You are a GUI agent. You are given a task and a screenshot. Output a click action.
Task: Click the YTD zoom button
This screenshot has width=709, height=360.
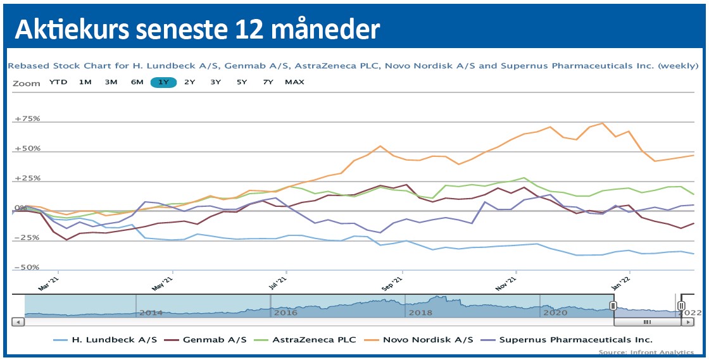[x=58, y=82]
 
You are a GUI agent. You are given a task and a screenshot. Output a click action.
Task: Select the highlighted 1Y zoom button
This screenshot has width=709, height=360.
[x=163, y=82]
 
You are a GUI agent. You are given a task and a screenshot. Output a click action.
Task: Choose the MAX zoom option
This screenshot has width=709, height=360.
[x=294, y=82]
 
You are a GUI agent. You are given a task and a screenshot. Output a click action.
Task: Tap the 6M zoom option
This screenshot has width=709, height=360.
[x=137, y=82]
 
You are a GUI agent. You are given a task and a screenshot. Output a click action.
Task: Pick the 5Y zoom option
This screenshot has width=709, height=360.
[x=242, y=82]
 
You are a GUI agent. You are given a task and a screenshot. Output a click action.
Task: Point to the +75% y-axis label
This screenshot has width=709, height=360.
[x=28, y=119]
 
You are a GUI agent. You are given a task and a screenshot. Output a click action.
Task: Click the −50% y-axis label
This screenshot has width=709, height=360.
[x=28, y=268]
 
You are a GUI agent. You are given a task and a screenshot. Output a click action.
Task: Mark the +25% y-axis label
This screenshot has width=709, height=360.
[x=28, y=178]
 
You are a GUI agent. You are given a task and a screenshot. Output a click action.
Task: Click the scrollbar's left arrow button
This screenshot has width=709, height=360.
[x=18, y=322]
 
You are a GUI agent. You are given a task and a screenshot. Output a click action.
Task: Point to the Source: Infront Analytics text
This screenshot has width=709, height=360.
[x=646, y=352]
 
